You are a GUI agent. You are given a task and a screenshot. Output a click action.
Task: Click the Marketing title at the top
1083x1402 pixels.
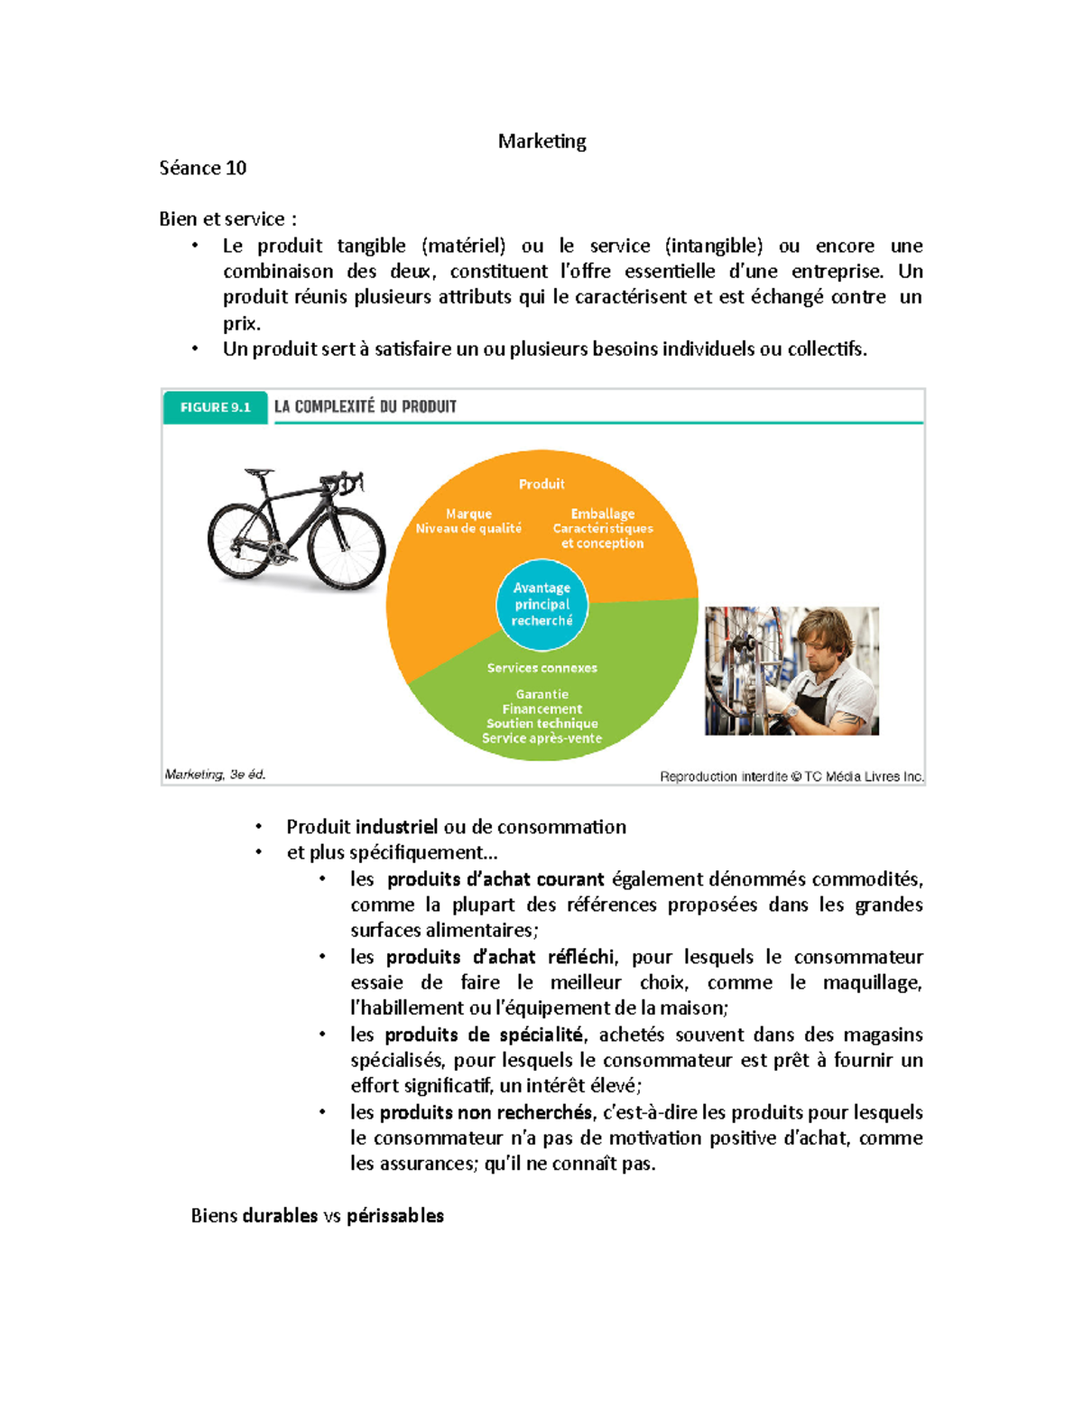tap(541, 141)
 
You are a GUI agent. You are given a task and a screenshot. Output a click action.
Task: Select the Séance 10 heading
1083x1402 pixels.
tap(202, 168)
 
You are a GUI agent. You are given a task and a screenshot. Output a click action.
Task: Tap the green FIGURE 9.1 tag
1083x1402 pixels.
tap(215, 407)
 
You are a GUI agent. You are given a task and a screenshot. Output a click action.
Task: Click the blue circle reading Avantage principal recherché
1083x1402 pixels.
tap(541, 604)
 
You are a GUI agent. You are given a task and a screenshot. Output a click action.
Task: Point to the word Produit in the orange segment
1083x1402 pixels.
tap(541, 484)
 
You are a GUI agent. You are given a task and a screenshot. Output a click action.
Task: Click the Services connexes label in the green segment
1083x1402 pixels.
tap(541, 668)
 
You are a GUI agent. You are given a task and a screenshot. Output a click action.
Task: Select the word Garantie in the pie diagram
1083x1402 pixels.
tap(541, 694)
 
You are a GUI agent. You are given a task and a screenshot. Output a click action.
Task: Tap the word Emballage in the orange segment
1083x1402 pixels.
tap(602, 514)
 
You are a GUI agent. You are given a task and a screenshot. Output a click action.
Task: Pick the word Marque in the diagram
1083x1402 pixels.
tap(468, 514)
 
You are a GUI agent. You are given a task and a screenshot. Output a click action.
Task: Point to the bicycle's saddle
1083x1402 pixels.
tap(258, 472)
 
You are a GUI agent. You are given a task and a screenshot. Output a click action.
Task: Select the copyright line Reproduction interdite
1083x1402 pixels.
tap(791, 776)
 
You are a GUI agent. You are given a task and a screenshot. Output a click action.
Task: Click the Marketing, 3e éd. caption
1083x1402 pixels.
tap(215, 775)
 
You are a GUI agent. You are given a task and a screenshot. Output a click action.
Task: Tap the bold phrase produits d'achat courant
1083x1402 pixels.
tap(495, 879)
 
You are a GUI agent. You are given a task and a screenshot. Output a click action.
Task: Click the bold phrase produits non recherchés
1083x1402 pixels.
tap(486, 1112)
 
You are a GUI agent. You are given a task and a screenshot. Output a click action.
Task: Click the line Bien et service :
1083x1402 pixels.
tap(227, 219)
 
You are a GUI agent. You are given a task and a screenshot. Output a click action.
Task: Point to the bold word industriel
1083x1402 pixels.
tap(396, 827)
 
